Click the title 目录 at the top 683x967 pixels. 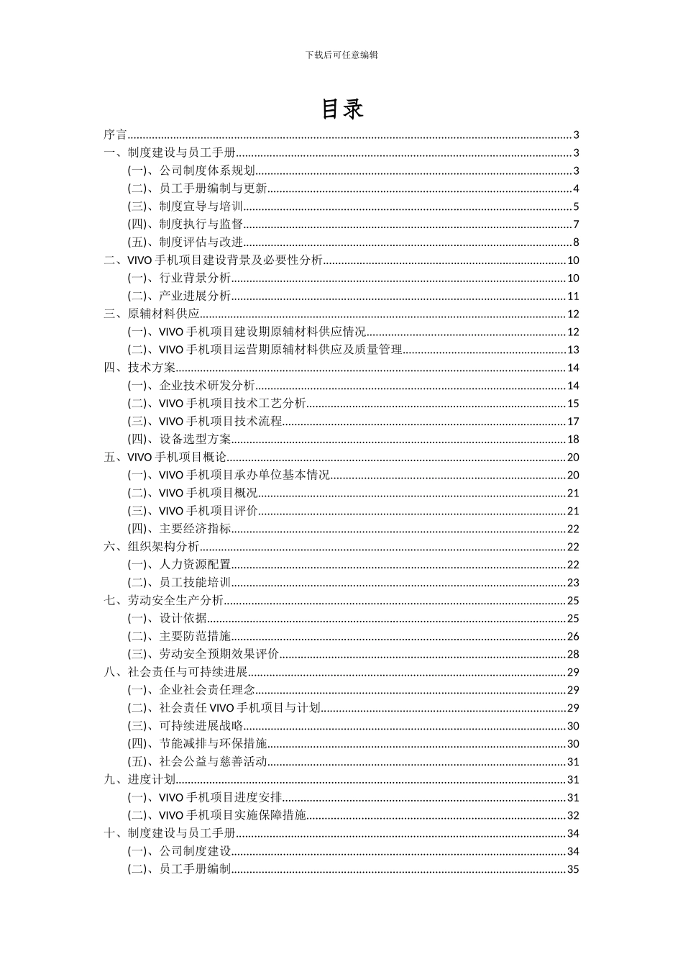[x=341, y=109]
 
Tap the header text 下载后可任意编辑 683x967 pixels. [x=341, y=55]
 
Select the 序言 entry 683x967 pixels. [x=115, y=135]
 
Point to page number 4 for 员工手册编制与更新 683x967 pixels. [x=576, y=189]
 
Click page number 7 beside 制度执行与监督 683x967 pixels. [x=576, y=224]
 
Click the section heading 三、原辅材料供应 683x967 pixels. [x=152, y=314]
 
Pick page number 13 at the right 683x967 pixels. [x=573, y=350]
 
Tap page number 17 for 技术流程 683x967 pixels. [x=573, y=422]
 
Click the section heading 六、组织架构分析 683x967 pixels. [x=152, y=547]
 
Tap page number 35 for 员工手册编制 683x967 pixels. [x=573, y=869]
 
